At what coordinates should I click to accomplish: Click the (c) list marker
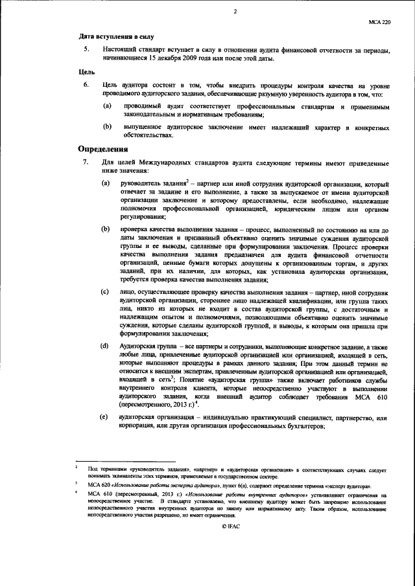pos(104,293)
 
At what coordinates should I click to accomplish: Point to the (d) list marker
pos(104,347)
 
